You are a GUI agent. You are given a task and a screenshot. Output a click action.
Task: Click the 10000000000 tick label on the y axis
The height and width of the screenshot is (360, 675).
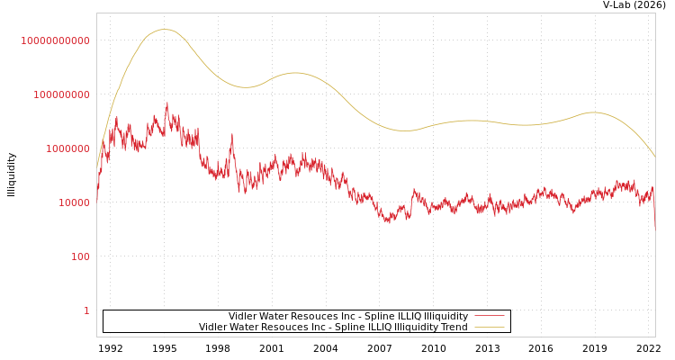point(56,40)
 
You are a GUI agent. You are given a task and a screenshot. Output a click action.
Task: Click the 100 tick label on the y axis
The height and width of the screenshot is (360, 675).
point(80,256)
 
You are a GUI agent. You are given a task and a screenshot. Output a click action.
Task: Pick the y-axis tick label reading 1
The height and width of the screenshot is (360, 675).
point(86,310)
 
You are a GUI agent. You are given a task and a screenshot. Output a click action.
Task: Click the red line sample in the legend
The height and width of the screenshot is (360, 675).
point(489,316)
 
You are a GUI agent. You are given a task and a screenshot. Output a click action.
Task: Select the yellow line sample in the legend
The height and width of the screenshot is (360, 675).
point(489,327)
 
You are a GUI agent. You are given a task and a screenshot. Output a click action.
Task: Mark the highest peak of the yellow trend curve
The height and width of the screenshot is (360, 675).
point(165,30)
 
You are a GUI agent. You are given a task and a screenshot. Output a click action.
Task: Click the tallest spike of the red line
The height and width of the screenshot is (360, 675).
point(166,103)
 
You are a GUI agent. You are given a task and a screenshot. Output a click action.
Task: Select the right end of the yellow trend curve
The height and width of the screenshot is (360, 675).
point(655,157)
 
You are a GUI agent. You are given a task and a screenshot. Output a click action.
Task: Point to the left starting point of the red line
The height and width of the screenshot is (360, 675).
point(97,200)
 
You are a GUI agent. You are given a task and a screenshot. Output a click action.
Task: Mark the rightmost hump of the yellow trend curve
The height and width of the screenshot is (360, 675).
point(592,112)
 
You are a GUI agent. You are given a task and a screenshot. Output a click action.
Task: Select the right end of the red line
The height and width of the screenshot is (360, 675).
point(655,227)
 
